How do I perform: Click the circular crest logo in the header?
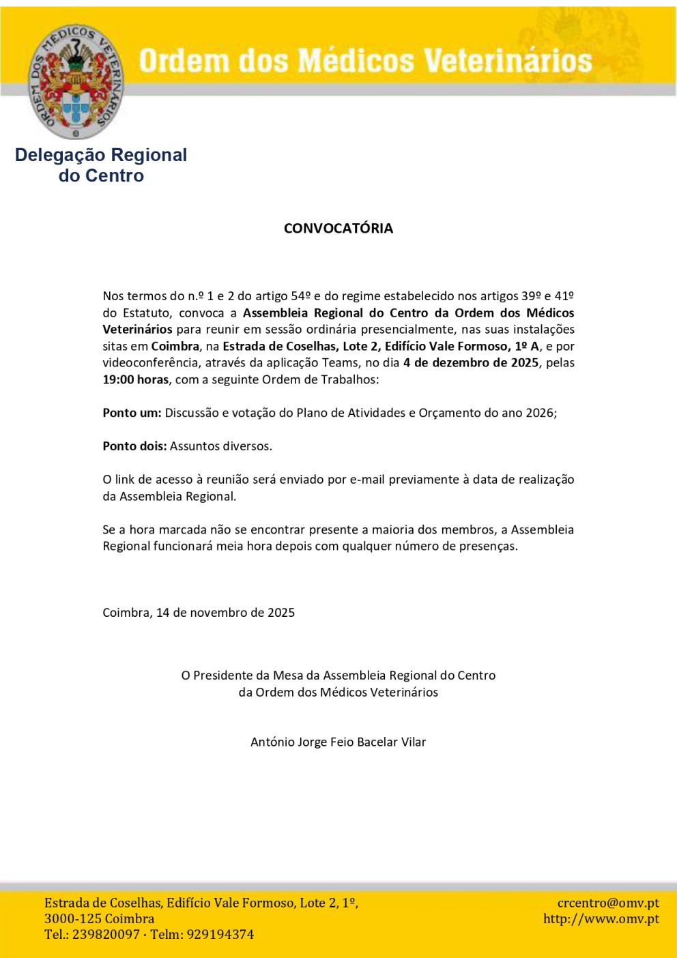[x=76, y=82]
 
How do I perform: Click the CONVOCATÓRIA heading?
[x=338, y=229]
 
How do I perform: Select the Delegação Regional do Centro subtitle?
[x=101, y=165]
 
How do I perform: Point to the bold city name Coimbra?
[x=175, y=346]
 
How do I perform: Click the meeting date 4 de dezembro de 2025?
[x=471, y=363]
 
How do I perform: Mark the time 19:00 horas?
[x=135, y=379]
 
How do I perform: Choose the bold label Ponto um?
[x=132, y=413]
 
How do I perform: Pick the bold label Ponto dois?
[x=134, y=446]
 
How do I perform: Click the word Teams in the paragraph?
[x=339, y=363]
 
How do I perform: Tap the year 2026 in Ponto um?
[x=540, y=413]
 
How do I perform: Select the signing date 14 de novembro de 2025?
[x=225, y=613]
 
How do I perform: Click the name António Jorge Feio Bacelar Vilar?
[x=338, y=742]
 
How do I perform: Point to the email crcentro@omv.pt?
[x=608, y=903]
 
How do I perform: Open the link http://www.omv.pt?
[x=601, y=918]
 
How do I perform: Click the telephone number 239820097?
[x=106, y=935]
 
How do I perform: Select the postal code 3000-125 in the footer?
[x=70, y=918]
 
